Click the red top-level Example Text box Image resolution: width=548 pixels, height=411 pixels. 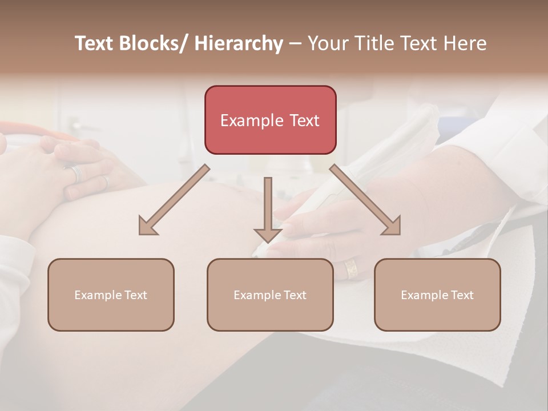(270, 120)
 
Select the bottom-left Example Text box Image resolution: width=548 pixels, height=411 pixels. (111, 295)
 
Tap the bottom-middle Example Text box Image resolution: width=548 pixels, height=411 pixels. (270, 295)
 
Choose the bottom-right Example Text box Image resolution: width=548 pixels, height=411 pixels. (437, 295)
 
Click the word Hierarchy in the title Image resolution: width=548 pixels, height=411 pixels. (239, 44)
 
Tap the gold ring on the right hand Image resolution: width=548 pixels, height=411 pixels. (350, 268)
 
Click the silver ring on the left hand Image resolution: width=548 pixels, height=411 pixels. (76, 173)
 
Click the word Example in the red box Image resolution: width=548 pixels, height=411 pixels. (252, 120)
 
